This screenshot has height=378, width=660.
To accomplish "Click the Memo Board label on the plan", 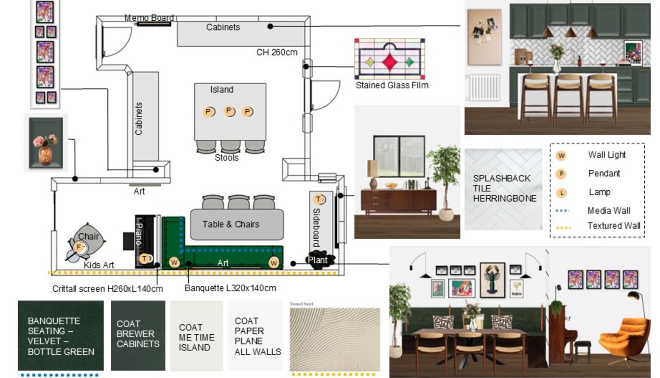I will point(149,18).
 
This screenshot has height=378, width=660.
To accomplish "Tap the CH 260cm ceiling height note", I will point(277,52).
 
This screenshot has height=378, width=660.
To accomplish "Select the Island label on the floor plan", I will point(221,90).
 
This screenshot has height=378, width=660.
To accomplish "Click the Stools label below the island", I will point(227,158).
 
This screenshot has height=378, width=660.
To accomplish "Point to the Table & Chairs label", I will point(231,224).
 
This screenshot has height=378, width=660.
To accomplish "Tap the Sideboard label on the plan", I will point(316,227).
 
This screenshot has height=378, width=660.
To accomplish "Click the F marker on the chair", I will point(79,247).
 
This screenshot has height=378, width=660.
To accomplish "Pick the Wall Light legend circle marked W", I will point(561,155).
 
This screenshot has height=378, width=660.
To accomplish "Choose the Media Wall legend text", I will point(609,210).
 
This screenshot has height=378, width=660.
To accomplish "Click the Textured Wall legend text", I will point(613,226).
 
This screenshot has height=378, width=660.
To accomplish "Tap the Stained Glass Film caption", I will point(392,85).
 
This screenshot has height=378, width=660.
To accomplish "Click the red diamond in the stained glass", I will point(389,62).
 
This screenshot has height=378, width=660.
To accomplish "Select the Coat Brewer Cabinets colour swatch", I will point(138,336).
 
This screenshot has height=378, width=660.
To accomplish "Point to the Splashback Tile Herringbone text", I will point(504,188).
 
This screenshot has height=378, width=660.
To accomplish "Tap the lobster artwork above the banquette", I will point(492,281).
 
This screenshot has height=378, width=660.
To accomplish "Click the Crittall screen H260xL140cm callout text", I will point(107,289).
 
